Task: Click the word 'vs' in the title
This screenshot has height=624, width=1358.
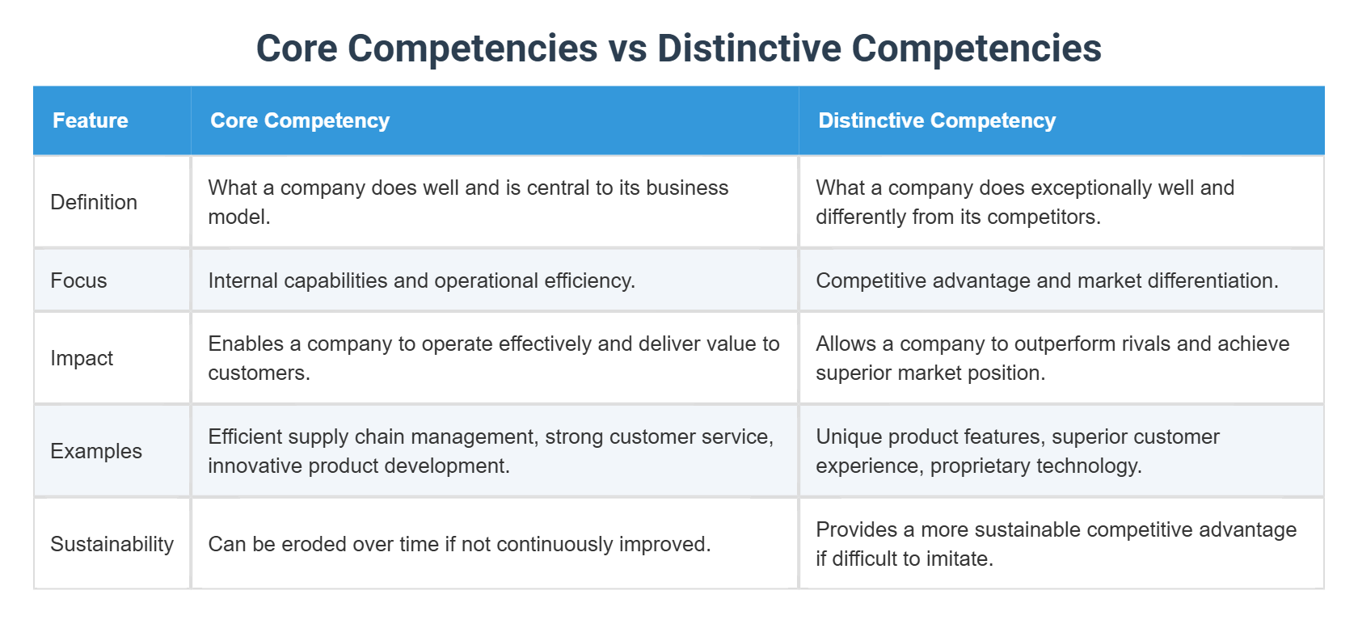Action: [626, 48]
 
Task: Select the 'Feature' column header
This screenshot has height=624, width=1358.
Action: [91, 120]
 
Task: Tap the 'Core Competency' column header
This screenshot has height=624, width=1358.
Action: [300, 120]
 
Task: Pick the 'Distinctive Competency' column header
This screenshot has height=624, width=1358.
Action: [937, 120]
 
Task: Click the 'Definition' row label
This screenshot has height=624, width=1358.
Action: [94, 202]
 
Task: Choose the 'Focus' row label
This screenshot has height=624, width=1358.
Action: [78, 280]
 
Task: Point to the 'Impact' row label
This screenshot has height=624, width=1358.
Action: [82, 358]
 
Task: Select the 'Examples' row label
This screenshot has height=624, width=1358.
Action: [96, 451]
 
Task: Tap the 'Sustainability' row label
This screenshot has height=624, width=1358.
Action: [112, 544]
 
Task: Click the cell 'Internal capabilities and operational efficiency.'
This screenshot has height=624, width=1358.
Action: [421, 280]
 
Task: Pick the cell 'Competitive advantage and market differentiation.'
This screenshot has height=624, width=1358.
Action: [1047, 280]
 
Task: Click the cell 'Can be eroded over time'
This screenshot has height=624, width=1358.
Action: [459, 544]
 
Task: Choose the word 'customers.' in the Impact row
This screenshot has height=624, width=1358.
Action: [259, 373]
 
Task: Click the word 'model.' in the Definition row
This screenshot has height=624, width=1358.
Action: [238, 217]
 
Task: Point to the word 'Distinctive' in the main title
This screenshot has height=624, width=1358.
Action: [749, 48]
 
